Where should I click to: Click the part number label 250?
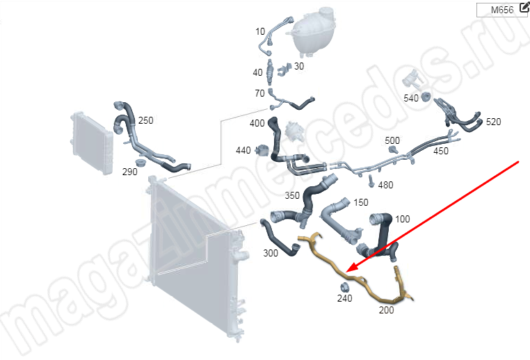[x=145, y=120]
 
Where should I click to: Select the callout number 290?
[x=130, y=172]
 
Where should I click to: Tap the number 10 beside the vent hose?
[x=260, y=31]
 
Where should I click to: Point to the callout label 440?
[x=243, y=150]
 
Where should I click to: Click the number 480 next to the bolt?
[x=385, y=185]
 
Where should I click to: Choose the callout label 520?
[x=494, y=122]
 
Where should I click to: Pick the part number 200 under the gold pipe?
[x=386, y=310]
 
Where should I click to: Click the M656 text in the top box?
[x=502, y=10]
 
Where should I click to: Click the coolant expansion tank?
[x=314, y=31]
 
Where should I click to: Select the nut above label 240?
[x=344, y=288]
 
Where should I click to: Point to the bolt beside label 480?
[x=371, y=181]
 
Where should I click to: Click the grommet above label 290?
[x=139, y=162]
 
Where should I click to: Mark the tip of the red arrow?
[x=348, y=272]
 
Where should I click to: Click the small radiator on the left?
[x=91, y=143]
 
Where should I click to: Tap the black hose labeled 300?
[x=278, y=238]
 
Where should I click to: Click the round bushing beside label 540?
[x=425, y=97]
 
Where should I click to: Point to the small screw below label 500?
[x=393, y=149]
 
